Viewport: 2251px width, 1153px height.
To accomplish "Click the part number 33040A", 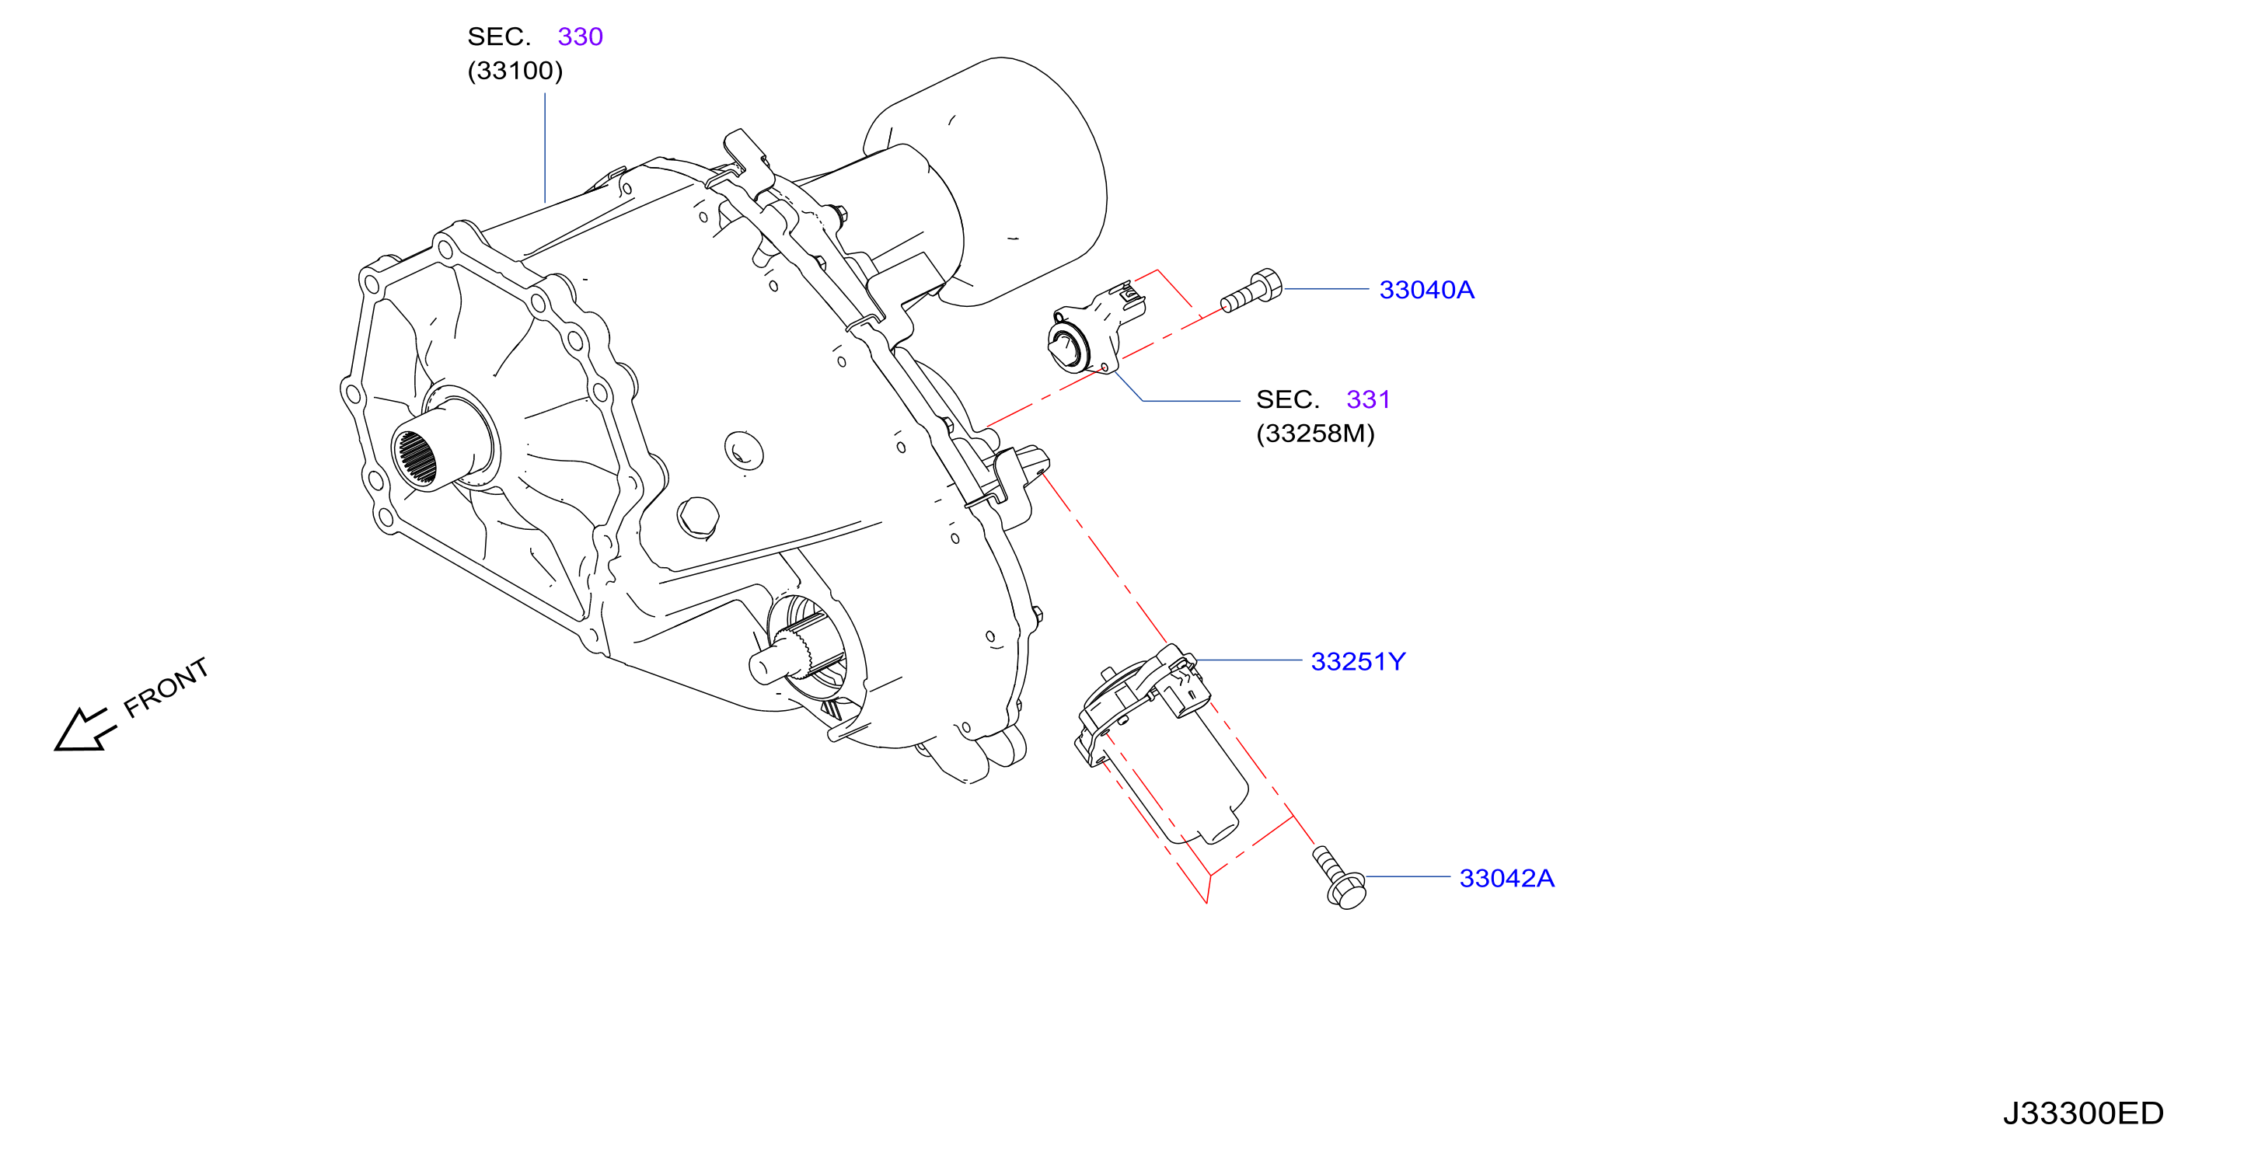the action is (1426, 289).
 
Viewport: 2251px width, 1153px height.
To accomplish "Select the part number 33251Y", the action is (1358, 661).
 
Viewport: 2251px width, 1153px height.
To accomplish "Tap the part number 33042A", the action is (1506, 878).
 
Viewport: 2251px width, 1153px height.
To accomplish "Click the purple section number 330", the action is (580, 37).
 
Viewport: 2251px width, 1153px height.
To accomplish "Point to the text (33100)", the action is (515, 71).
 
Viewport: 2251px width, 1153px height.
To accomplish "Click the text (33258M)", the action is (1315, 434).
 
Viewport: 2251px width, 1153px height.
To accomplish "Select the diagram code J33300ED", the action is (2082, 1113).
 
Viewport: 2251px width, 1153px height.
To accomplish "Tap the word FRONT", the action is (166, 688).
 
